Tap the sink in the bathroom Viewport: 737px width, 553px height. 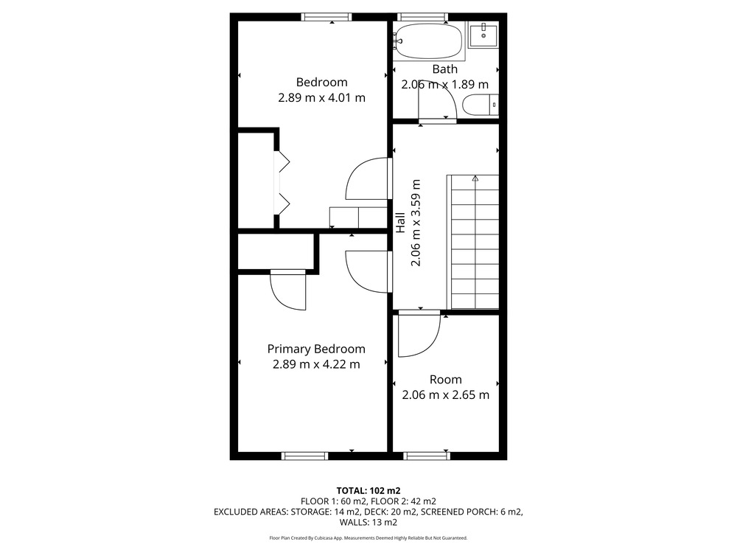click(483, 35)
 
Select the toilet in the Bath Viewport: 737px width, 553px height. click(481, 105)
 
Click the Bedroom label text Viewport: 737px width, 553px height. click(321, 83)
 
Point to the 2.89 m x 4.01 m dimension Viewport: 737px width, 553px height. click(321, 98)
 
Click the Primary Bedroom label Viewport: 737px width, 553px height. click(316, 349)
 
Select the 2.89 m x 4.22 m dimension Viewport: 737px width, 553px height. click(316, 364)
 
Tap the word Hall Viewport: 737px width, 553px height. click(400, 223)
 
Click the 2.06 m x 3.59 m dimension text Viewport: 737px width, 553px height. click(416, 223)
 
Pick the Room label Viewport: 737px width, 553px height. click(446, 380)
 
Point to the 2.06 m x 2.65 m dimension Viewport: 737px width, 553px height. click(446, 395)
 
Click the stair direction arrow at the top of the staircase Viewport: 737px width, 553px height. click(475, 178)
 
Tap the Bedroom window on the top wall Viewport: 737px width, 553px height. click(326, 17)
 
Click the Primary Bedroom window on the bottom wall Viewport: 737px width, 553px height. click(304, 456)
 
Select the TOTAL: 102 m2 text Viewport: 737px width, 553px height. click(368, 491)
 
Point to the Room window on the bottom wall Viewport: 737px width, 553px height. click(427, 456)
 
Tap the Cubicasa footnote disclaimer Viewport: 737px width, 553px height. click(368, 538)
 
